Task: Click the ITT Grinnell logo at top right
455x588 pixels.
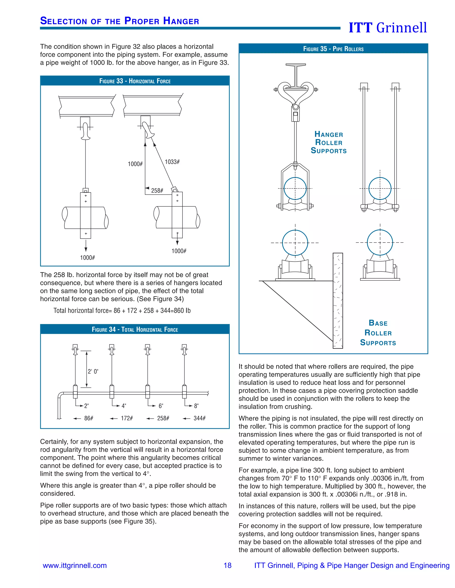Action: (388, 28)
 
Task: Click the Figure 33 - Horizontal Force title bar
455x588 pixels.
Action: (135, 81)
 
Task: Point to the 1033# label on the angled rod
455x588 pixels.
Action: (172, 162)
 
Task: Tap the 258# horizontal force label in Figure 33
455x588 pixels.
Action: (157, 191)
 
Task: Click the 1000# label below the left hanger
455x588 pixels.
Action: (87, 258)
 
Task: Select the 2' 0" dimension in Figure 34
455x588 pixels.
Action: (93, 371)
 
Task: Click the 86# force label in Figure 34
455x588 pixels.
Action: (89, 418)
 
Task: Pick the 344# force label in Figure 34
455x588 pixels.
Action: (200, 418)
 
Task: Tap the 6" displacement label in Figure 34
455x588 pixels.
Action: (161, 406)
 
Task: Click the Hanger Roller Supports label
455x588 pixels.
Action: (329, 142)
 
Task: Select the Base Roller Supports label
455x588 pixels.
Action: (378, 333)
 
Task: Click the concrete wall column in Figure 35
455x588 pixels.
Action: (338, 300)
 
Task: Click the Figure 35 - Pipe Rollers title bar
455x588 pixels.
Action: (333, 49)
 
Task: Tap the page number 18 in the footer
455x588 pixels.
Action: (227, 565)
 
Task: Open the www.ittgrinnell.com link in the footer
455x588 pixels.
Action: (75, 565)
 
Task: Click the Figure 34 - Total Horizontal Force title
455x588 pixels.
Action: (135, 330)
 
